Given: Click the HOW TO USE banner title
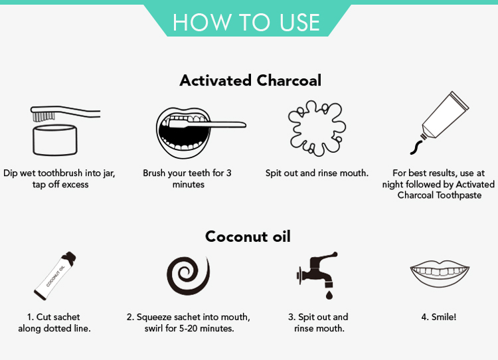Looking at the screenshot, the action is click(246, 22).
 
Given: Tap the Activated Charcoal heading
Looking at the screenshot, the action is click(250, 80).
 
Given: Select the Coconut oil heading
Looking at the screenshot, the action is click(248, 236).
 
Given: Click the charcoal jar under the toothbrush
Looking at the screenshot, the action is click(55, 140).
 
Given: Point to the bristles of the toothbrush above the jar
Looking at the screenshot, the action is click(44, 116).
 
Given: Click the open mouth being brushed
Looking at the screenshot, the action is click(183, 132).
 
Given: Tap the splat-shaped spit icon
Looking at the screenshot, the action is click(317, 128).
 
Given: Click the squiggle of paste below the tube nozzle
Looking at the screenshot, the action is click(416, 147).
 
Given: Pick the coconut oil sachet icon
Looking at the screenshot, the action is click(55, 276).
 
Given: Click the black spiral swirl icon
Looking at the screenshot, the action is click(189, 275).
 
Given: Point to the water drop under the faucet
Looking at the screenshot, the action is click(329, 294).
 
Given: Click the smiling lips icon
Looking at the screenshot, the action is click(440, 273).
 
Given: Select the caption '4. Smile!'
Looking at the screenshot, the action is click(439, 317).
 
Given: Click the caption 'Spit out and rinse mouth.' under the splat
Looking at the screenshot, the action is click(317, 173).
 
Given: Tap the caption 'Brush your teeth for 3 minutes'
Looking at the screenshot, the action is click(187, 179).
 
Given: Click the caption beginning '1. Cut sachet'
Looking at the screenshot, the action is click(54, 323).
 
